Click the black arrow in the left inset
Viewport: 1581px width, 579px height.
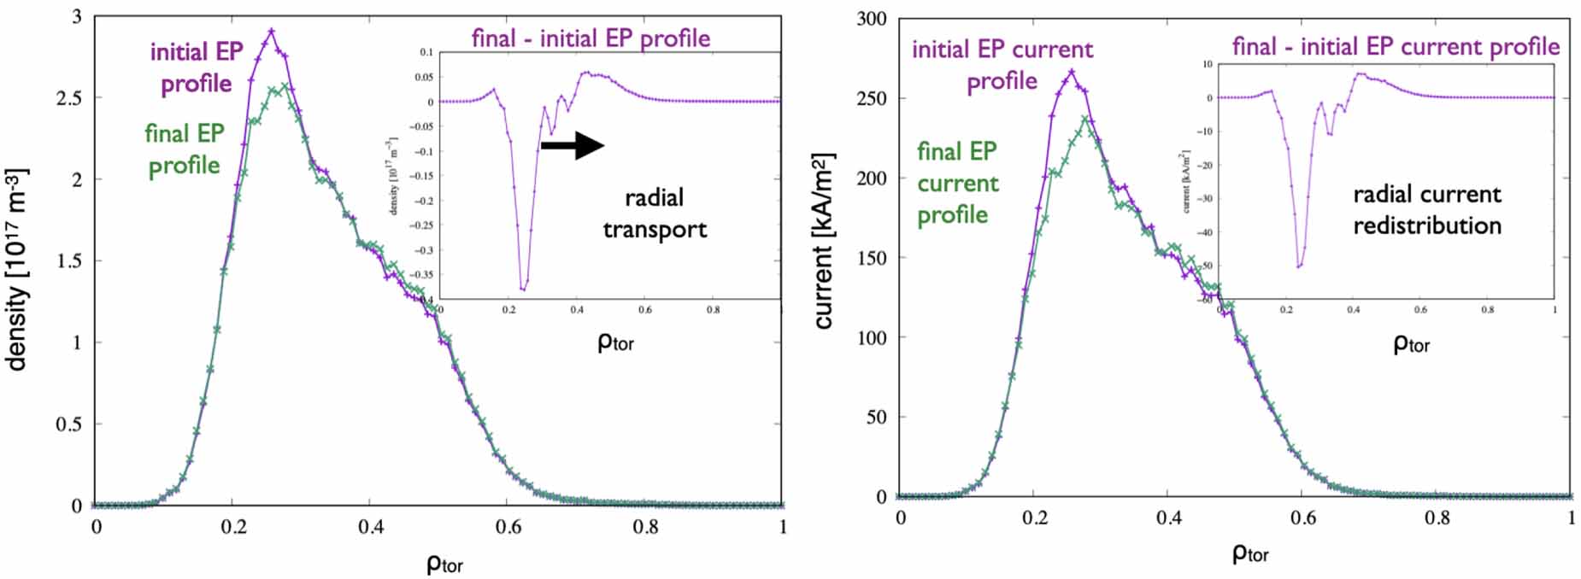tap(573, 145)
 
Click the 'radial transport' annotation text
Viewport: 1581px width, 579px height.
tap(655, 213)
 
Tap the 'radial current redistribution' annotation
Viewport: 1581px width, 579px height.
tap(1426, 210)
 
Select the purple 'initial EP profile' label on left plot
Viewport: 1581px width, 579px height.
tap(197, 67)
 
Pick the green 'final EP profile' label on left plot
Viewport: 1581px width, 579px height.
tap(184, 149)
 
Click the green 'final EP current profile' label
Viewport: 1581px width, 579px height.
tap(957, 183)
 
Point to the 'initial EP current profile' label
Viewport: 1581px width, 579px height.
tap(1002, 65)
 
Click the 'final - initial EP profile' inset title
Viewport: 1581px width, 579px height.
tap(591, 38)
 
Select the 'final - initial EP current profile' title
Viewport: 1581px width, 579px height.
tap(1396, 46)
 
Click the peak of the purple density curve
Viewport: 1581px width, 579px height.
tap(271, 31)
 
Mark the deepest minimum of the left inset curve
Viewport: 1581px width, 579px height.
tap(523, 289)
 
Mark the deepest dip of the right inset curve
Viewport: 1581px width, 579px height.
tap(1299, 267)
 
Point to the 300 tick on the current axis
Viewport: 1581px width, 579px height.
tap(871, 19)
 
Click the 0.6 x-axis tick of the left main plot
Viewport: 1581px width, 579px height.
tap(508, 527)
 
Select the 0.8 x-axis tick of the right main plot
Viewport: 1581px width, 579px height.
tap(1437, 518)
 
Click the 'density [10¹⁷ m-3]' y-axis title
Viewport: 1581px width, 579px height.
tap(17, 269)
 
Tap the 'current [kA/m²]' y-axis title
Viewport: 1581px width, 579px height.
tap(823, 241)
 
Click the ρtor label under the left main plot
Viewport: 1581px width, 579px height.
tap(444, 564)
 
